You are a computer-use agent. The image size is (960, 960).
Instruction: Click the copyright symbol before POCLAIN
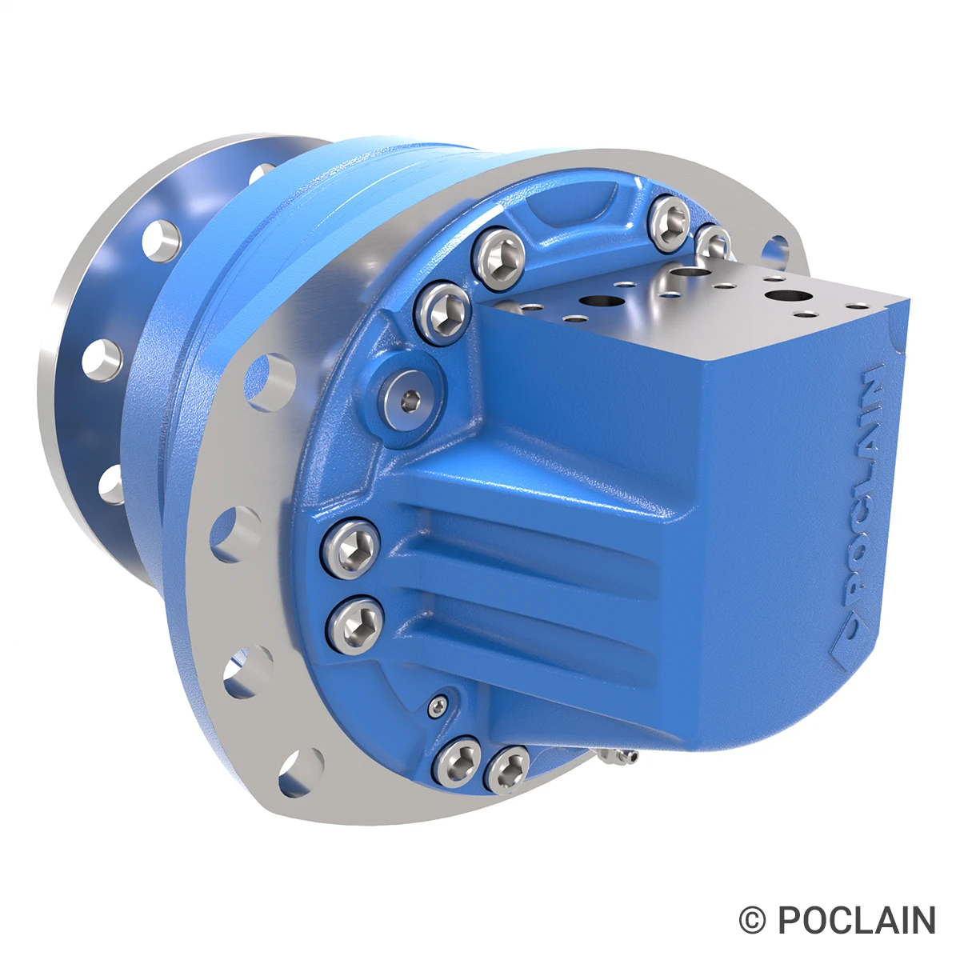tap(752, 920)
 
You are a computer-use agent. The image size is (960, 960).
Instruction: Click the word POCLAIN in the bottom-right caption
tap(857, 920)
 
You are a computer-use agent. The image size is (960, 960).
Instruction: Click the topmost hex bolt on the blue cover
tap(669, 217)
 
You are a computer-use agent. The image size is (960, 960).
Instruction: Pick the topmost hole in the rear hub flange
tap(262, 173)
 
